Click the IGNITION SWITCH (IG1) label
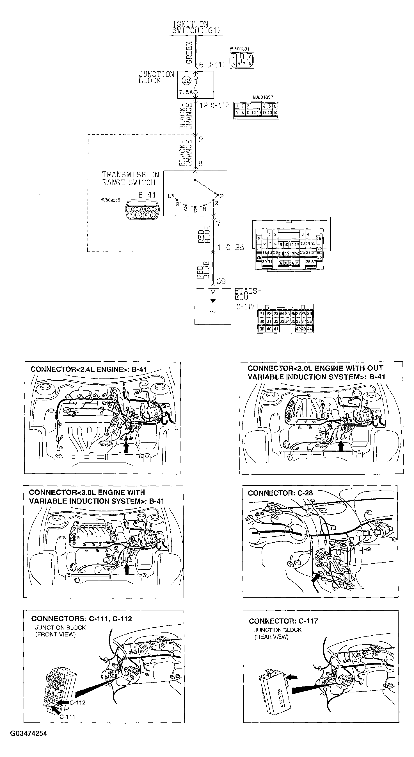196,27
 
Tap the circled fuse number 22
186,80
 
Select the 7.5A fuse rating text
186,92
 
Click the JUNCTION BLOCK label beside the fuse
156,78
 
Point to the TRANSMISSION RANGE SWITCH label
130,179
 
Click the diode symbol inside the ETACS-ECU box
213,301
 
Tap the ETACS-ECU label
247,294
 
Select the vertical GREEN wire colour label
189,52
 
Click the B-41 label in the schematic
147,195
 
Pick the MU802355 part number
110,200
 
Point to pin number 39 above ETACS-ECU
221,282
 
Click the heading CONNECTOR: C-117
283,621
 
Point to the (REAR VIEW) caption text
271,637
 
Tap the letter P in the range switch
221,195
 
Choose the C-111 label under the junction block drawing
67,717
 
